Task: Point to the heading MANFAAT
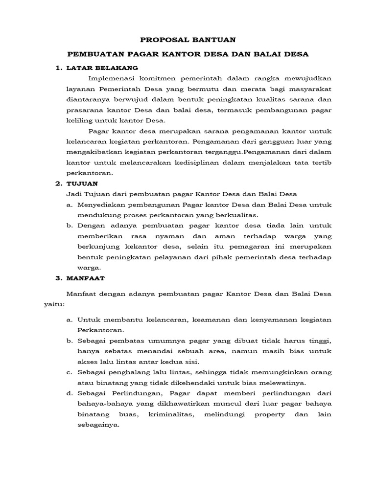[x=86, y=278]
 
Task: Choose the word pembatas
[x=126, y=341]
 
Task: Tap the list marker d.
[x=69, y=393]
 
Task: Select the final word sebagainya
[x=98, y=425]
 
